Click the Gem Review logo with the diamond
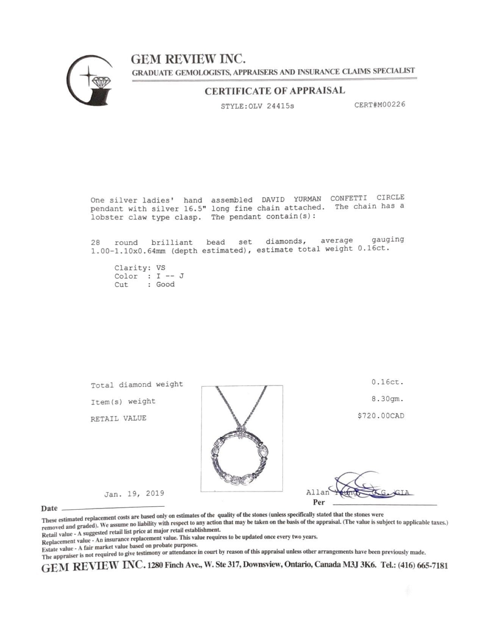90,82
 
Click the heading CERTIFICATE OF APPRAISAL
275,91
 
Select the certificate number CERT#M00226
380,104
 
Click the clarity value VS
161,267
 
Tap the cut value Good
166,284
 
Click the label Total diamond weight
137,385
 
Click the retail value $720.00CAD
381,416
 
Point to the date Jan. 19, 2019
134,493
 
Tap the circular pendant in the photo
242,459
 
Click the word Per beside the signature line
319,503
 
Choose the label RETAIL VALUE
118,418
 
